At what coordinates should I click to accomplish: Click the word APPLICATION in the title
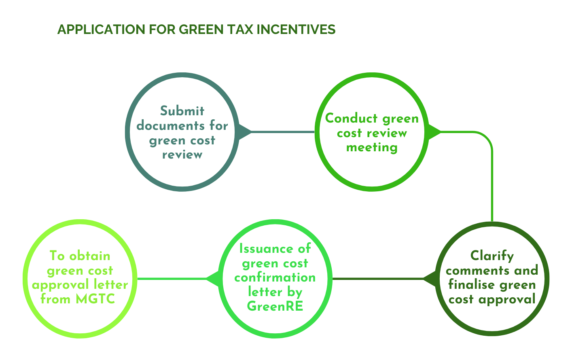[102, 30]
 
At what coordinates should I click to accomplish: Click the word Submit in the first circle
[182, 111]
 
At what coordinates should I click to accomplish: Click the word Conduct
[352, 118]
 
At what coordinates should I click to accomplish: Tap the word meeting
[372, 148]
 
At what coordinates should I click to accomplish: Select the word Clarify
[492, 256]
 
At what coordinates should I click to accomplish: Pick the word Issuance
[266, 249]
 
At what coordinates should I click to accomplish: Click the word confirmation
[275, 277]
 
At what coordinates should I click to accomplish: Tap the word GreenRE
[275, 306]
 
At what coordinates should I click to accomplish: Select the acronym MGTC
[95, 299]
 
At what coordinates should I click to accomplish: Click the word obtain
[90, 256]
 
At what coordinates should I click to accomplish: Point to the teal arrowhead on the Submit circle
[245, 132]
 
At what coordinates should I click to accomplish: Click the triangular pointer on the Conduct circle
[434, 132]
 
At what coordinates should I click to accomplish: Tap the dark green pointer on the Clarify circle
[430, 279]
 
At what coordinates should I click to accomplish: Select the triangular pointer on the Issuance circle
[212, 279]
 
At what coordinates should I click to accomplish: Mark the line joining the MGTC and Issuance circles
[172, 279]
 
